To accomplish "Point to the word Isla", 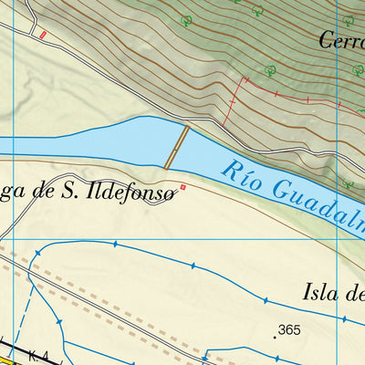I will [x=319, y=292].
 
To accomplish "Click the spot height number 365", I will [x=290, y=329].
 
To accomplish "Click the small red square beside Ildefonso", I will [x=183, y=188].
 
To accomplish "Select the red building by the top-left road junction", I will [x=41, y=35].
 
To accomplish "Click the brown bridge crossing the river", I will [x=177, y=147].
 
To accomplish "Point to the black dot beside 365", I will [x=274, y=335].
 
